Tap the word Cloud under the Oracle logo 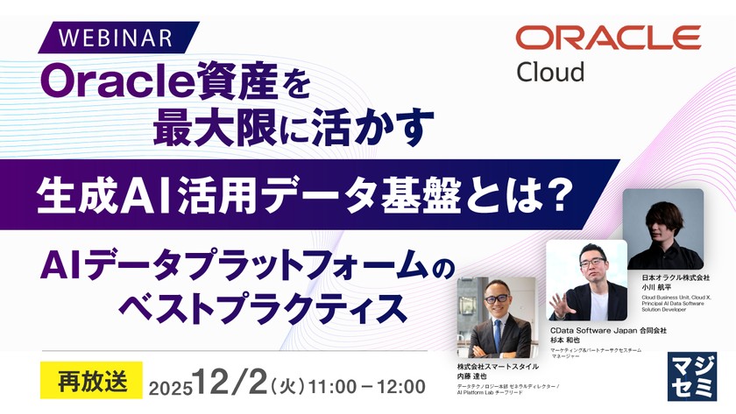pyautogui.click(x=549, y=71)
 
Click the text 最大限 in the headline pyautogui.click(x=206, y=128)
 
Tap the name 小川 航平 pyautogui.click(x=656, y=286)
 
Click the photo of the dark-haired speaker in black pyautogui.click(x=665, y=228)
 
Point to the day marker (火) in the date pyautogui.click(x=287, y=385)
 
